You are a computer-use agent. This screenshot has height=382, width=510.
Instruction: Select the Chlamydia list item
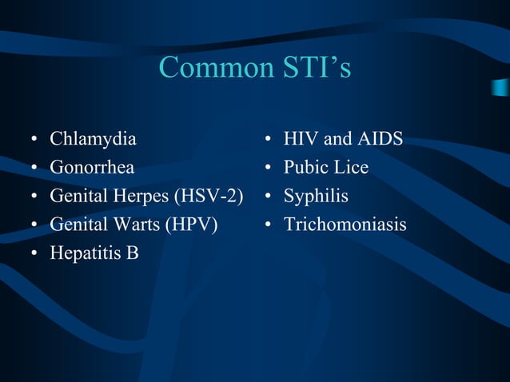point(93,139)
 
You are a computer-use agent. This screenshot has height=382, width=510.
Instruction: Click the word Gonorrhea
point(93,168)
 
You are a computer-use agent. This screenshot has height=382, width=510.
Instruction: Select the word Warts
point(132,225)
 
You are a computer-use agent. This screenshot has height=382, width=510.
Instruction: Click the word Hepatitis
point(82,253)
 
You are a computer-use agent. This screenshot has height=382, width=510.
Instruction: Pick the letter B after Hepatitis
point(132,253)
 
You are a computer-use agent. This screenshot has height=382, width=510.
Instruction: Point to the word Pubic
point(306,168)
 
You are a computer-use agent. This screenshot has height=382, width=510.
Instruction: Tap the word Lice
point(352,168)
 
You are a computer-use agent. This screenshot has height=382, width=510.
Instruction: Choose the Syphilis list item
point(316,196)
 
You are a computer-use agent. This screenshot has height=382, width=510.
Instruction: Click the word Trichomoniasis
point(345,225)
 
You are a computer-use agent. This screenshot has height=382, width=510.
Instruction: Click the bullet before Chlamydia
point(33,141)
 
